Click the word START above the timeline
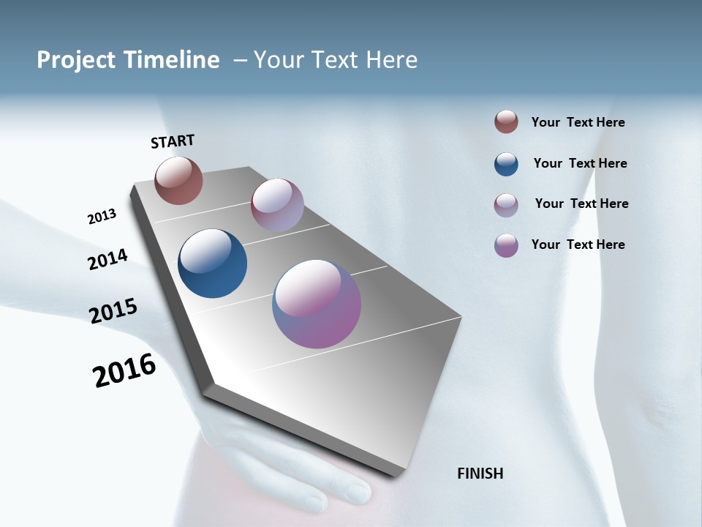pyautogui.click(x=173, y=141)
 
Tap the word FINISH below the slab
pyautogui.click(x=480, y=474)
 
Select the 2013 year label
pyautogui.click(x=102, y=217)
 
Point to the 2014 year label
pyautogui.click(x=107, y=260)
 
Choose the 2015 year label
pyautogui.click(x=113, y=311)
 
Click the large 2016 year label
pyautogui.click(x=124, y=370)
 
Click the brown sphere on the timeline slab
pyautogui.click(x=178, y=180)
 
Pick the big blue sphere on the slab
pyautogui.click(x=212, y=263)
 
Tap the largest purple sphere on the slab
pyautogui.click(x=317, y=304)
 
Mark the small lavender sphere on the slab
pyautogui.click(x=277, y=205)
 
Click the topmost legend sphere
pyautogui.click(x=506, y=122)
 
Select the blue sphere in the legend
pyautogui.click(x=506, y=163)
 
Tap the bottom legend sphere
pyautogui.click(x=506, y=245)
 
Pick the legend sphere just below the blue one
pyautogui.click(x=506, y=204)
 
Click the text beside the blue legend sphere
pyautogui.click(x=580, y=163)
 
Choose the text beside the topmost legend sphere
pyautogui.click(x=578, y=122)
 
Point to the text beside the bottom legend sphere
pyautogui.click(x=578, y=244)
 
